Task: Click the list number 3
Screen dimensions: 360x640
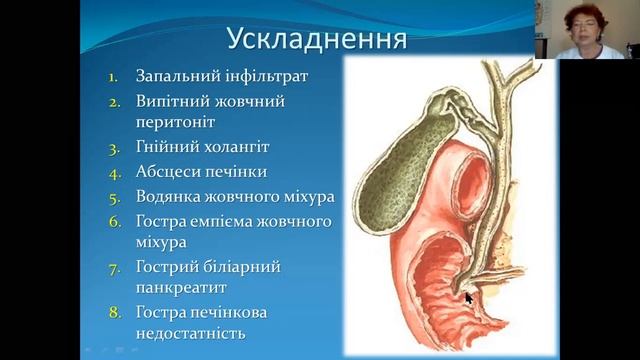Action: (113, 148)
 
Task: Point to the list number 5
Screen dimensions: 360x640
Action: (113, 196)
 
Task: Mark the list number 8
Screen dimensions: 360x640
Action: (113, 313)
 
